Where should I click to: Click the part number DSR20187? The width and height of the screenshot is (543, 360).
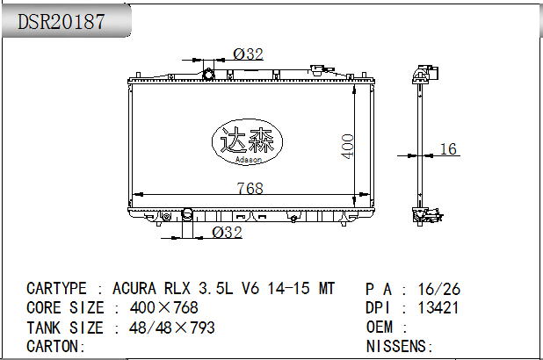coord(61,21)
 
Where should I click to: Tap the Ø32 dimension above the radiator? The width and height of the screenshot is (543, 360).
coord(248,54)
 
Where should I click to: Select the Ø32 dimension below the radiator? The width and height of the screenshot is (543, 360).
coord(227,233)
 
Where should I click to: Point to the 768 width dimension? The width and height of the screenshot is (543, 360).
coord(250,188)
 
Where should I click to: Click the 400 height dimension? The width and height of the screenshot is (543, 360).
coord(347,147)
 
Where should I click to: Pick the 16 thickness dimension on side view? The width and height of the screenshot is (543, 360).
coord(448,149)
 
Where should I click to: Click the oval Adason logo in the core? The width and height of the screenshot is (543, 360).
coord(247,141)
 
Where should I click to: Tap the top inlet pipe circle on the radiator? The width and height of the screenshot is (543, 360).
coord(208,75)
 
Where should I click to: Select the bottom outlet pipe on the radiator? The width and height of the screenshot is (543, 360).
coord(187,214)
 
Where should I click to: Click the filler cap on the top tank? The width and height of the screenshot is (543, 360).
coord(317,69)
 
